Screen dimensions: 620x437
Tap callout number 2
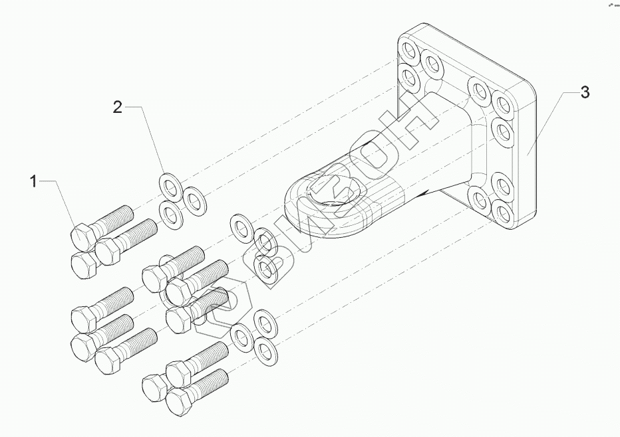pyautogui.click(x=118, y=107)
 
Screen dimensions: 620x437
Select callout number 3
pyautogui.click(x=585, y=92)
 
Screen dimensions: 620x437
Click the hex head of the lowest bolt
pyautogui.click(x=179, y=400)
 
